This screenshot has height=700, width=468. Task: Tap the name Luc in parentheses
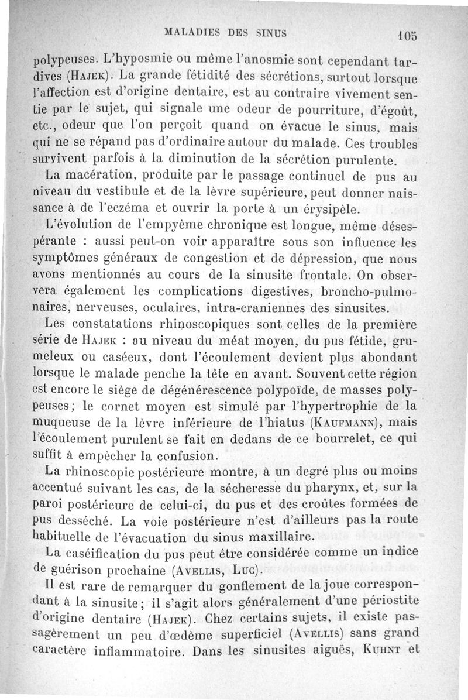pyautogui.click(x=245, y=568)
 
